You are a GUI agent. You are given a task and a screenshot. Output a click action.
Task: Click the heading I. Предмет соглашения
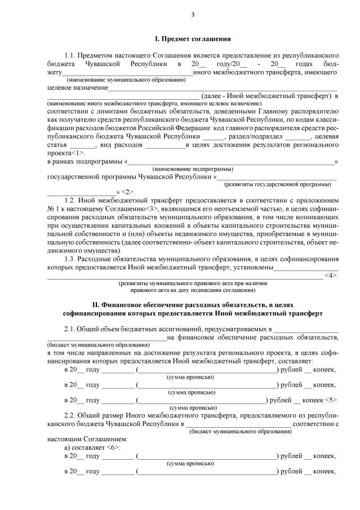[x=193, y=39]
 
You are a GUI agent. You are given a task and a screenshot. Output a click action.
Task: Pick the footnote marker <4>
[x=331, y=275]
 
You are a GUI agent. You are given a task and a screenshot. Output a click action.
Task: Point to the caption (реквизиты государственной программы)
[x=278, y=184]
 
